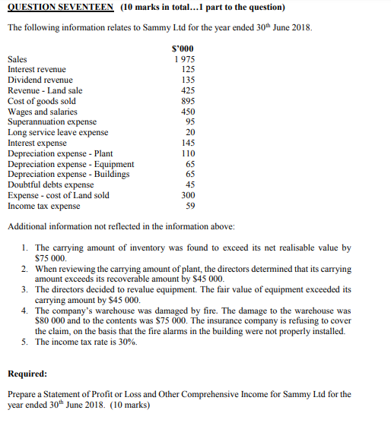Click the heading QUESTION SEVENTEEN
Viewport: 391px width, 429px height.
click(x=60, y=8)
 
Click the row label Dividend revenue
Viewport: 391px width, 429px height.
click(x=40, y=80)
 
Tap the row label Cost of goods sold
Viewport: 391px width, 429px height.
click(x=41, y=101)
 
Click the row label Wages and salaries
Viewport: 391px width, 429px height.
click(x=42, y=112)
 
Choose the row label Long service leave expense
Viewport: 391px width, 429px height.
click(x=58, y=132)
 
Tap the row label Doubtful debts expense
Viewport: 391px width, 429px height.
click(x=51, y=185)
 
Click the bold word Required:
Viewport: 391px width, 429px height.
click(x=27, y=374)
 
